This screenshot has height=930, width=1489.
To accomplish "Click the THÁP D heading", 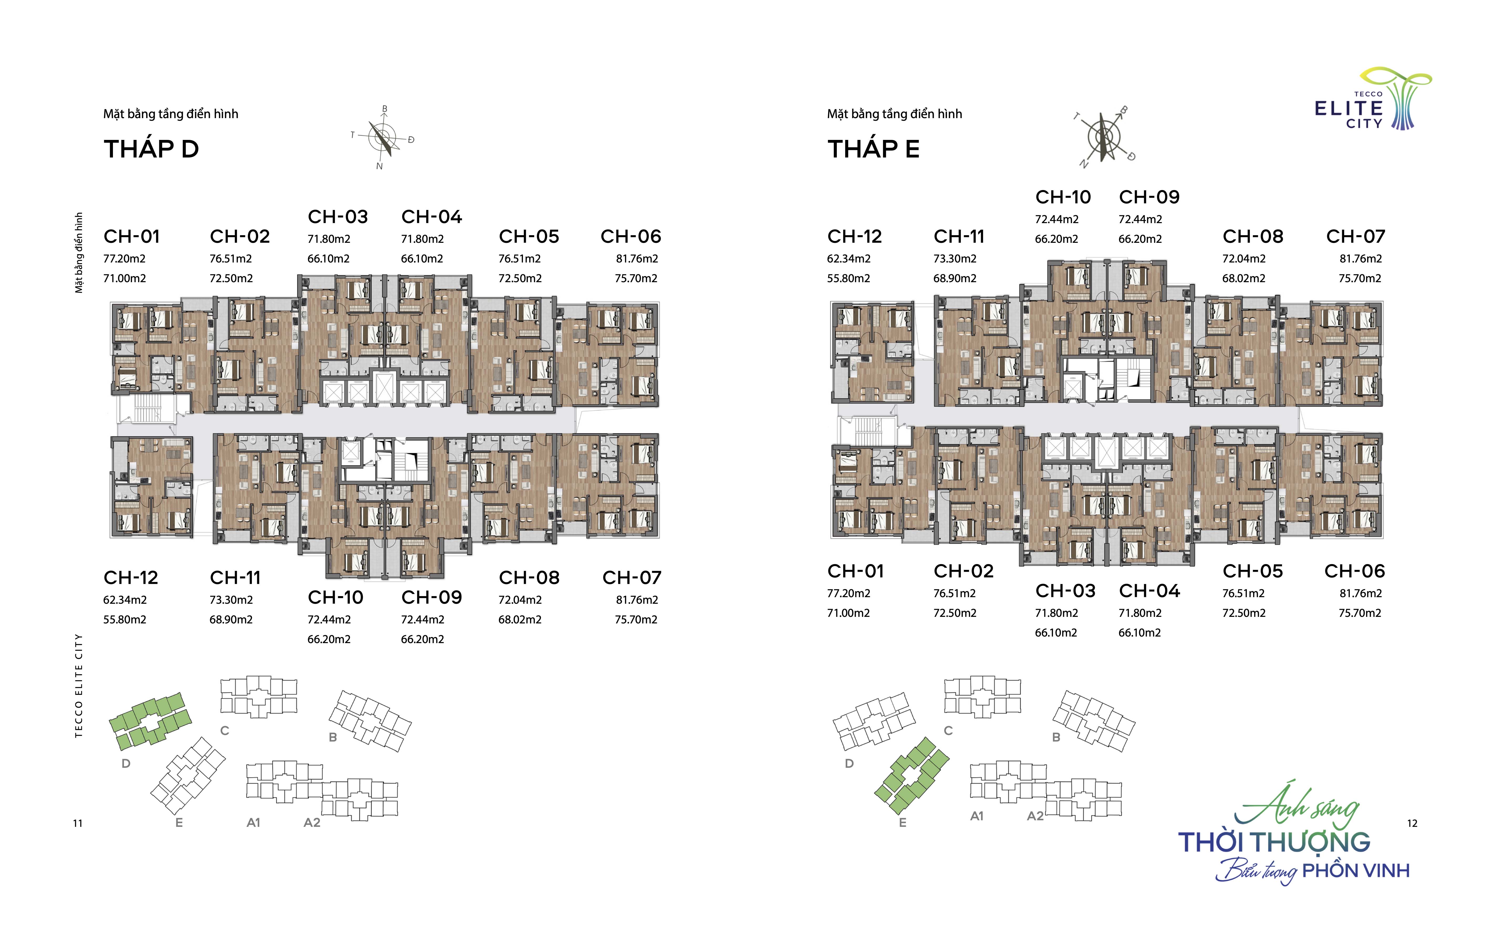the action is click(x=151, y=149).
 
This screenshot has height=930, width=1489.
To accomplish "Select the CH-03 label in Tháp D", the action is click(x=338, y=217).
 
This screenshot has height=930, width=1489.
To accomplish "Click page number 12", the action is click(x=1412, y=823).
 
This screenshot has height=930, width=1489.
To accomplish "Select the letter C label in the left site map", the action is click(x=225, y=731).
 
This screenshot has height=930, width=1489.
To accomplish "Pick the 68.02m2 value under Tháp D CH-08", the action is click(x=520, y=619).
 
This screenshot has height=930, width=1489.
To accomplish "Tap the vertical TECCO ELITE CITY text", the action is click(x=78, y=686).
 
